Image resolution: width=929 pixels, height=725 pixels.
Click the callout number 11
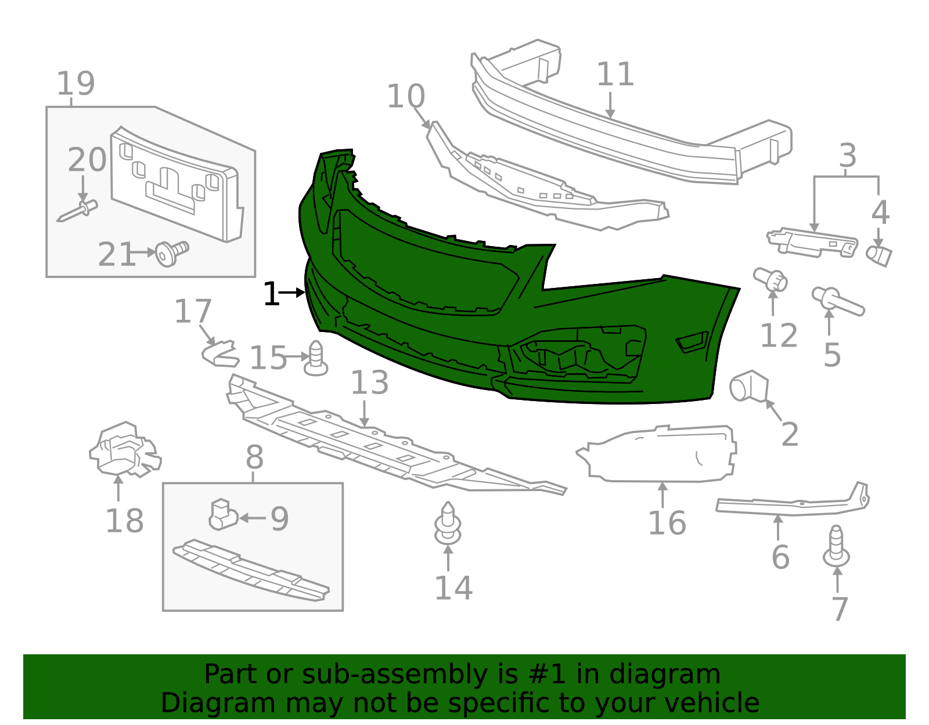(615, 74)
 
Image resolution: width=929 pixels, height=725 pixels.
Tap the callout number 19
(75, 84)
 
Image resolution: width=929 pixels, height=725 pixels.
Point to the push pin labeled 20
(77, 211)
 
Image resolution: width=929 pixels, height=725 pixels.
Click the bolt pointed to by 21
(171, 254)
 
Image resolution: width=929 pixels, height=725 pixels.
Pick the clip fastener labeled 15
(315, 358)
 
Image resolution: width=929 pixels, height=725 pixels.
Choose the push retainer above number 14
(448, 523)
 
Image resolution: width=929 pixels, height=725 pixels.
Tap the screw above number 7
(836, 546)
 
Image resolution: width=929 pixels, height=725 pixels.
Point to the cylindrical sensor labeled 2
(748, 386)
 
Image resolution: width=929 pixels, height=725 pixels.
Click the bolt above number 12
(770, 279)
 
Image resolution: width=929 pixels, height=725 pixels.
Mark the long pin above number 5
(838, 301)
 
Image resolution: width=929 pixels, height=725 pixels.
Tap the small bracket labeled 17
(221, 354)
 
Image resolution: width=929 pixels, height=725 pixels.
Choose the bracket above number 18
(125, 449)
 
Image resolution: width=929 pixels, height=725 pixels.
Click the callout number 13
(369, 383)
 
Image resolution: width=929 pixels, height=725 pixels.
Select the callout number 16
(667, 522)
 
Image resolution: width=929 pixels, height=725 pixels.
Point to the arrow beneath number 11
(610, 105)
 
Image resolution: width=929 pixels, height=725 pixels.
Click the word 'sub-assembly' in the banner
(395, 674)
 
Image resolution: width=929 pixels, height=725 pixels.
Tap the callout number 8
(254, 457)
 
